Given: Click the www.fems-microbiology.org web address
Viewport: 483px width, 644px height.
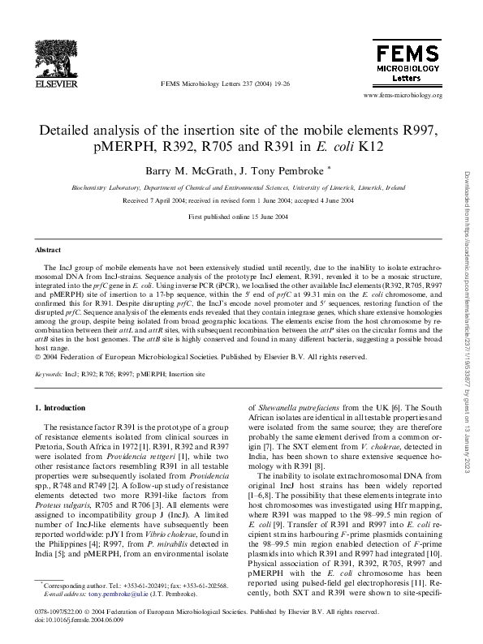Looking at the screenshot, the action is click(x=403, y=96).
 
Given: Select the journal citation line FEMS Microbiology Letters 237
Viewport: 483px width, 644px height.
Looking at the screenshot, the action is click(x=213, y=83).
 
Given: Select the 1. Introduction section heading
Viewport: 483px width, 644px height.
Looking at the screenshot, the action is click(x=63, y=406).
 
